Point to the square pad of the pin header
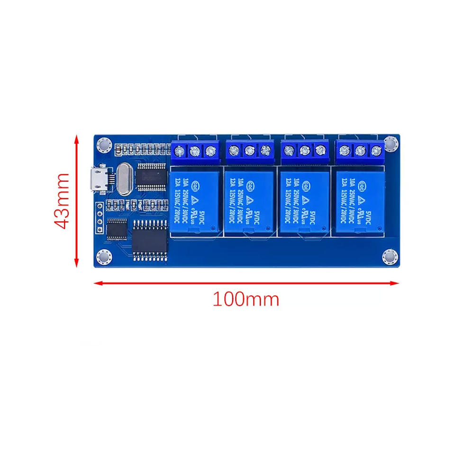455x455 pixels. coord(100,207)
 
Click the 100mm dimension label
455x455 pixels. coord(246,300)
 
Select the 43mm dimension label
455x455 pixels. coord(63,201)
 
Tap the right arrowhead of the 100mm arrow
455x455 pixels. coord(395,283)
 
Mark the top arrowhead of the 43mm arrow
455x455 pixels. coord(76,138)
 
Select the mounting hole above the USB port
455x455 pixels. coord(103,145)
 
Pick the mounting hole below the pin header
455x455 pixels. coord(104,256)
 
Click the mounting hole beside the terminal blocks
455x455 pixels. coord(390,143)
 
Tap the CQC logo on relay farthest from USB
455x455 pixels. coord(361,185)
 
